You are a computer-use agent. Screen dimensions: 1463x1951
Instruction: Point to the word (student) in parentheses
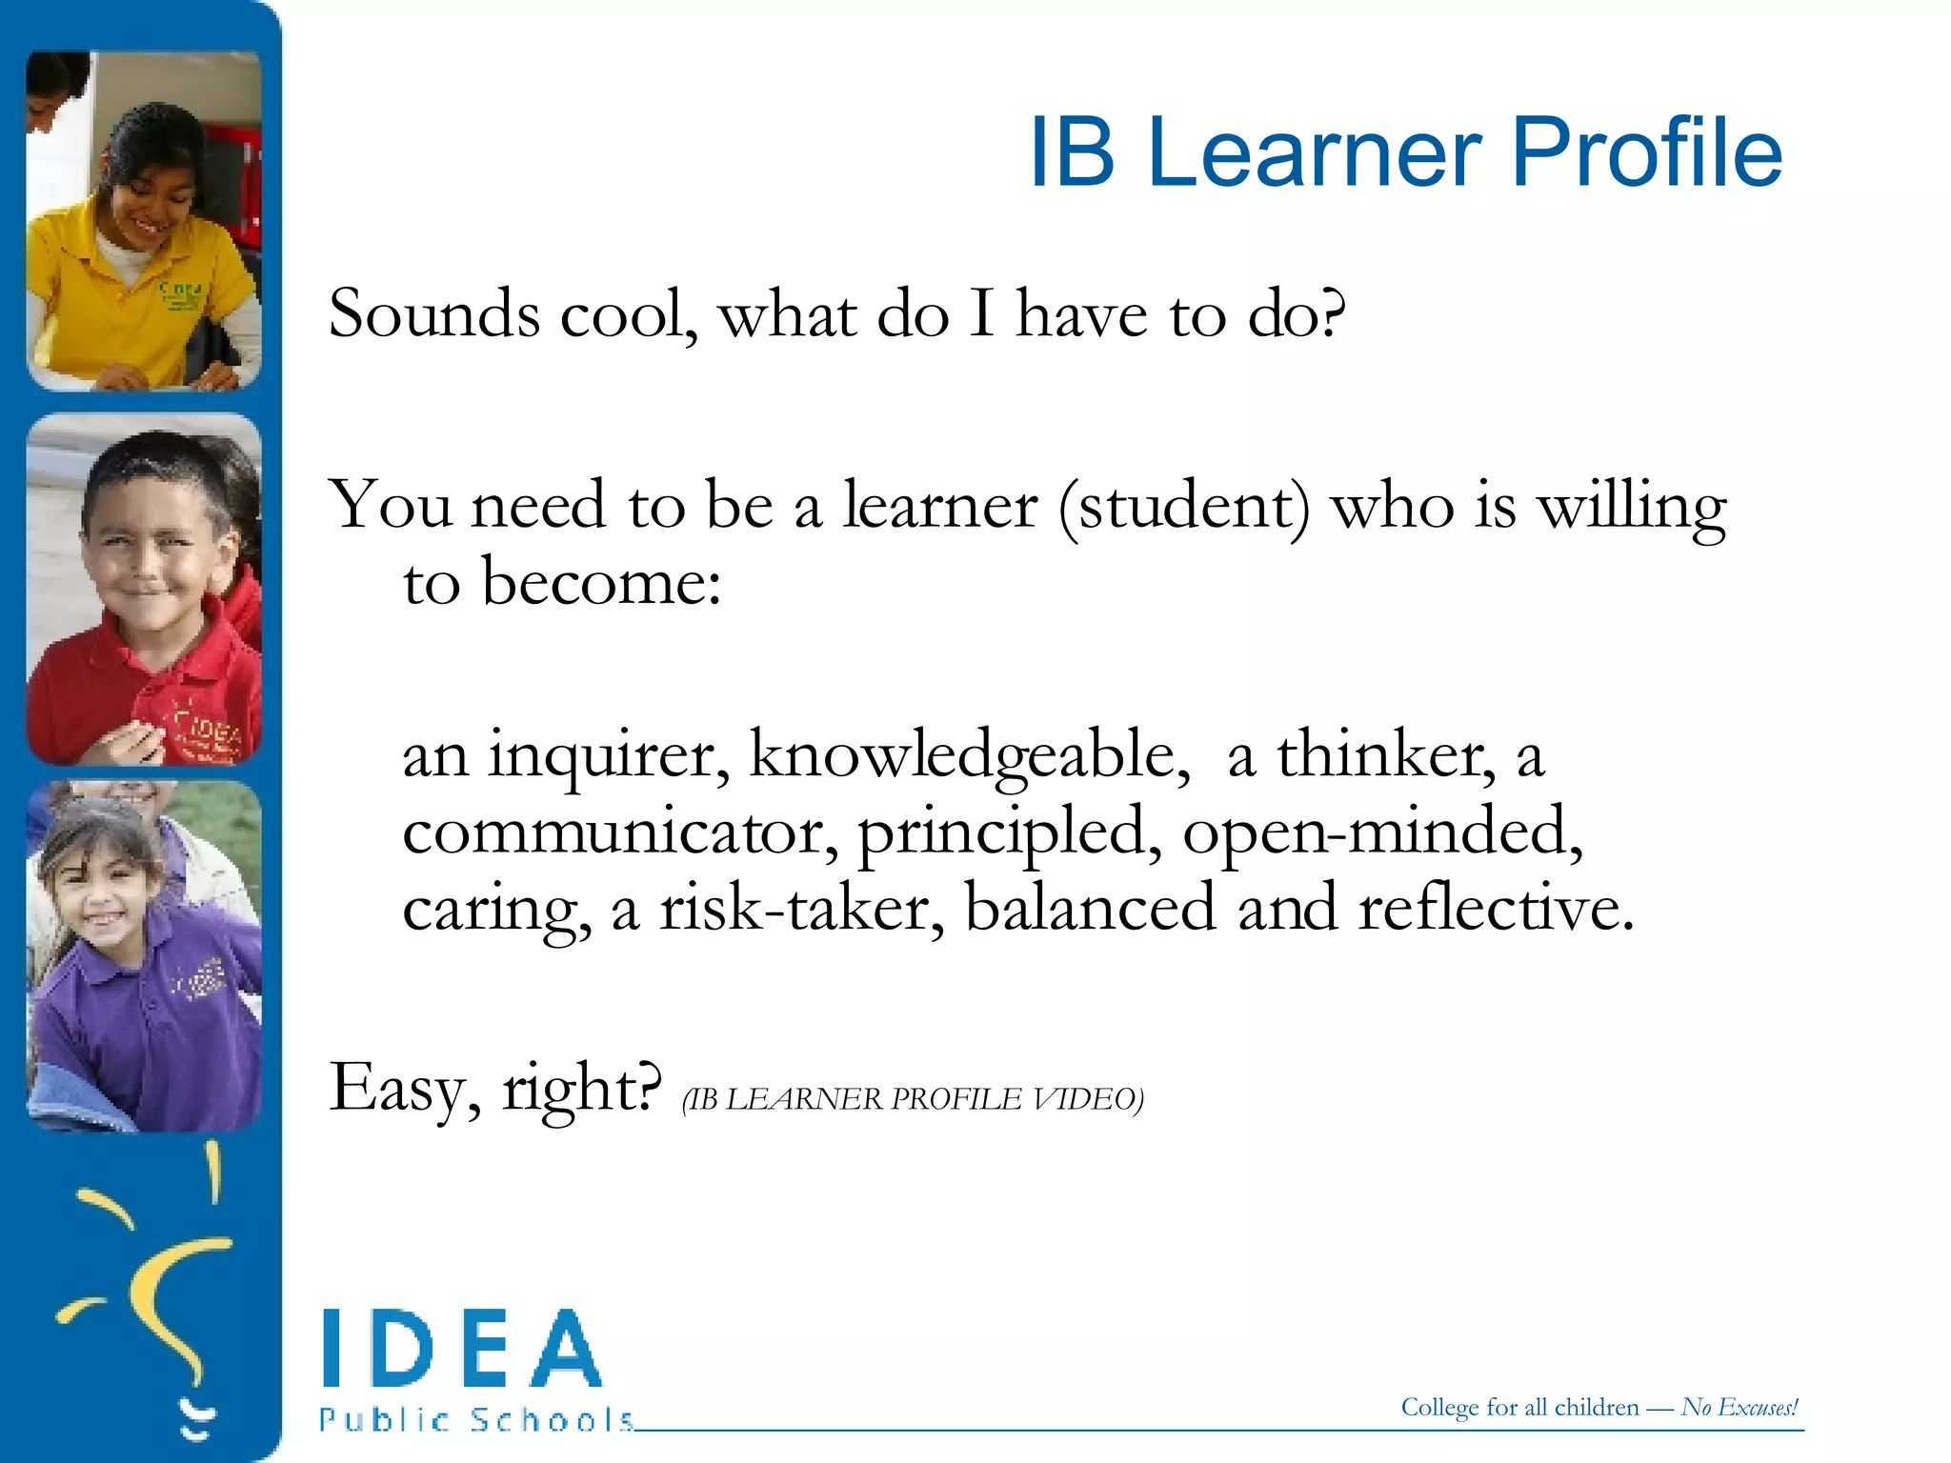click(x=1184, y=507)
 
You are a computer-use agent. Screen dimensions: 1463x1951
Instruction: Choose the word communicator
click(x=620, y=832)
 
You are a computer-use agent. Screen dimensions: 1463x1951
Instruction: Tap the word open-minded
click(x=1381, y=832)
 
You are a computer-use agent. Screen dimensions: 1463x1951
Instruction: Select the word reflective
click(x=1495, y=909)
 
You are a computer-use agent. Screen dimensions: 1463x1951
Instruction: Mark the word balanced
click(x=1090, y=909)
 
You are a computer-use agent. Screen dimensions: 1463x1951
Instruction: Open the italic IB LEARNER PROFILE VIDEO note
click(x=913, y=1099)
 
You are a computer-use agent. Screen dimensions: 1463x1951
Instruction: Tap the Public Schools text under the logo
click(x=476, y=1420)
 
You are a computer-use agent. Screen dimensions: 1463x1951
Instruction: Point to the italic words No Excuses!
click(x=1740, y=1407)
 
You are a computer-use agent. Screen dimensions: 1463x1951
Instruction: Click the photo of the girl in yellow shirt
click(x=144, y=221)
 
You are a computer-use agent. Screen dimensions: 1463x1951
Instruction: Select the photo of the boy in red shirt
click(x=144, y=589)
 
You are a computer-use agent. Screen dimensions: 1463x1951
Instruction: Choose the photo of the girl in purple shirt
click(x=144, y=955)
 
